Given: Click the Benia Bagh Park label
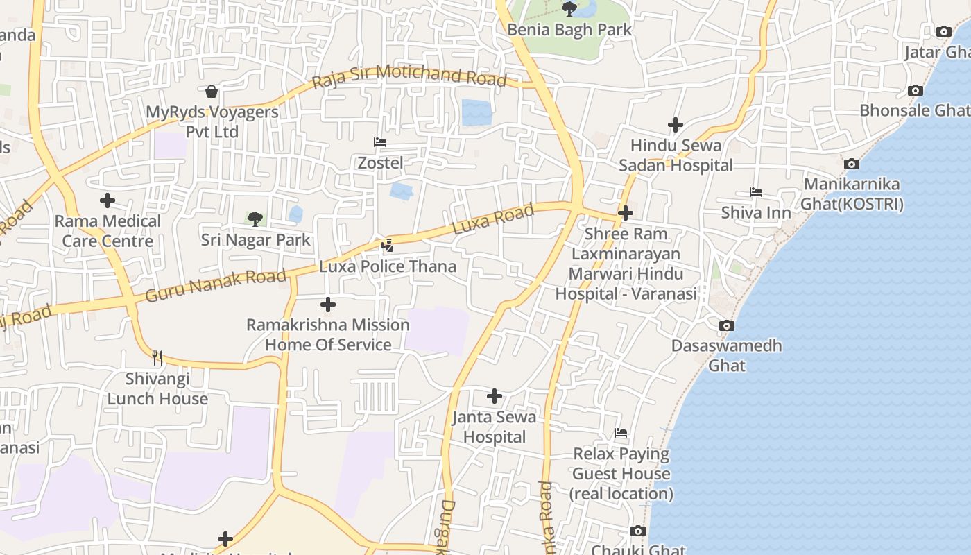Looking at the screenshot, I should point(569,30).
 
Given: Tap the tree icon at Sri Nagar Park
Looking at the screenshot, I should point(255,219).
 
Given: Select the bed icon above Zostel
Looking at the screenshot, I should point(380,142).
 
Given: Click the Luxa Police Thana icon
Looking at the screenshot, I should point(388,245).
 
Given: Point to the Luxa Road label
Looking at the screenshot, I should point(493,218).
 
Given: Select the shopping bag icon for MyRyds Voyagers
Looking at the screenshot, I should point(212,92).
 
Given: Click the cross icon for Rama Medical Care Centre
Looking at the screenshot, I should point(108,200).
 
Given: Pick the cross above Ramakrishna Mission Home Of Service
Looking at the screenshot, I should point(328,304).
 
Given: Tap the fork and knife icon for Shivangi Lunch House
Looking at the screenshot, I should point(158,358).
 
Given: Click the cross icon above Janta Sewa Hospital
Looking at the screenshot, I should point(495,396).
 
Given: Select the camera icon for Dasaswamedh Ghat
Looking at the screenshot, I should point(727,325).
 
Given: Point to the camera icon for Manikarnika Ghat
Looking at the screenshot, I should point(852,164).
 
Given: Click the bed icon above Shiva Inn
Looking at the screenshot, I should point(756,192).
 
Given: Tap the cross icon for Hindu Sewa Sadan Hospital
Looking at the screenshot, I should point(676,125).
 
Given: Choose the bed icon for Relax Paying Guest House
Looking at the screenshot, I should point(621,434).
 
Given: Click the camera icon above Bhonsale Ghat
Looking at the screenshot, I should point(916,91).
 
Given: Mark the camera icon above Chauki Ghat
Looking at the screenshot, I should point(638,531).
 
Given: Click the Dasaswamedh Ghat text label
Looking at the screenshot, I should point(726,355).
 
